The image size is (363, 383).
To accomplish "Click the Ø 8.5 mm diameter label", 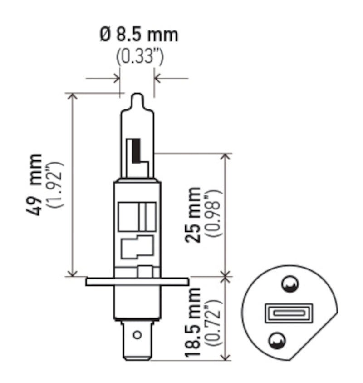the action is tap(138, 35).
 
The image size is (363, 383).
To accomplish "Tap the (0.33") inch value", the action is tap(139, 57).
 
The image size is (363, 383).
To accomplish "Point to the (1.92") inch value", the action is tap(58, 184).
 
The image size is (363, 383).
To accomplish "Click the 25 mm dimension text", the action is tap(194, 214).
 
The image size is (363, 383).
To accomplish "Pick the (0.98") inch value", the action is tap(214, 214).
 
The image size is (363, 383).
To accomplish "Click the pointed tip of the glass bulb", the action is tap(137, 96).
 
